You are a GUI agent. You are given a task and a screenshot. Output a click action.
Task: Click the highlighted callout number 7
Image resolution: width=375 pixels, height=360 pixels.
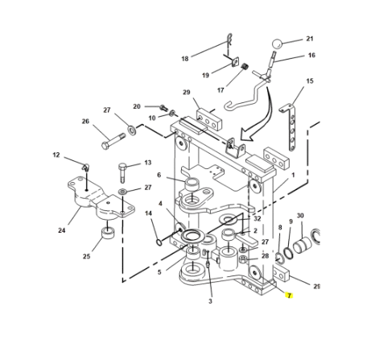click(x=289, y=296)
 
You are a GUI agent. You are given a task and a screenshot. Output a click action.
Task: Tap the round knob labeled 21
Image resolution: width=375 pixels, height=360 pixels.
click(x=277, y=44)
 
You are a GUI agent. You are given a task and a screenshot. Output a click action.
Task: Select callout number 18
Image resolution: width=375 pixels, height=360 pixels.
click(x=185, y=59)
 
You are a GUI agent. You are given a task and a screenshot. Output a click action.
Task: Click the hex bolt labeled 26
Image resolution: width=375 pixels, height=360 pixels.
click(x=113, y=141)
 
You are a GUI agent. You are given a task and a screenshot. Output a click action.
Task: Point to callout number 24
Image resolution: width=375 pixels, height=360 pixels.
click(x=62, y=230)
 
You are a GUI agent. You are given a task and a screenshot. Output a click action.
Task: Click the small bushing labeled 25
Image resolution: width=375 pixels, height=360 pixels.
click(x=108, y=233)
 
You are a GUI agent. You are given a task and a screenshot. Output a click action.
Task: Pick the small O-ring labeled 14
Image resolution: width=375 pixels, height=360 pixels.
click(x=159, y=242)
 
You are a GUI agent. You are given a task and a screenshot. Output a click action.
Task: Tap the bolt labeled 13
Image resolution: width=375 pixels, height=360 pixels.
click(x=122, y=172)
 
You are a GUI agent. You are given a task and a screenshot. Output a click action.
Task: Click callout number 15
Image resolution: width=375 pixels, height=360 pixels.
click(x=310, y=81)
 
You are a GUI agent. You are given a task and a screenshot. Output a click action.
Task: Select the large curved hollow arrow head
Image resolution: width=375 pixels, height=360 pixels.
click(x=247, y=134)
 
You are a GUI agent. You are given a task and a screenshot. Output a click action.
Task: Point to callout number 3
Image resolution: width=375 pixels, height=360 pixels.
click(x=210, y=301)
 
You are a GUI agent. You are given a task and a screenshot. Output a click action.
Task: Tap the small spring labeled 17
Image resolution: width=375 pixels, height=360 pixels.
click(x=245, y=66)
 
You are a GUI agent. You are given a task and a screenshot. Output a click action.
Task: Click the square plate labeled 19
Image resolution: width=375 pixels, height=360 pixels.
click(x=235, y=62)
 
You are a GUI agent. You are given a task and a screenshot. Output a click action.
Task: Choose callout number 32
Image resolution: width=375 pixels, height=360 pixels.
click(x=258, y=218)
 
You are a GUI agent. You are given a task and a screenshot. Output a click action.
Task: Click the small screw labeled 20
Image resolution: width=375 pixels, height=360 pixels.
click(x=163, y=108)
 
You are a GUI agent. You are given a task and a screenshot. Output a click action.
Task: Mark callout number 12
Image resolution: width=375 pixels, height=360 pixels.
click(x=56, y=155)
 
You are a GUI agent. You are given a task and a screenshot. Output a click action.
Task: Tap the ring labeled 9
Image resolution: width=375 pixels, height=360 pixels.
click(x=289, y=253)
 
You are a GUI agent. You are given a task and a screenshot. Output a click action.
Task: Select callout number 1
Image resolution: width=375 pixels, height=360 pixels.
click(x=293, y=175)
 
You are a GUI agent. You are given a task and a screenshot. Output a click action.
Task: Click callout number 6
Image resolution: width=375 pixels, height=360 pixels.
click(x=159, y=175)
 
